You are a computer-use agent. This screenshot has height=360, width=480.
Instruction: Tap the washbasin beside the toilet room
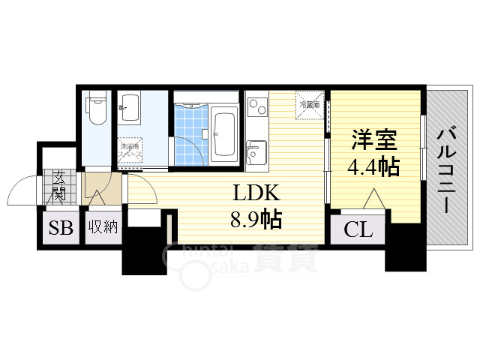coord(130,109)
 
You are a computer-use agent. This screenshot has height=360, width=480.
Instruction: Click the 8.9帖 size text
coord(256,219)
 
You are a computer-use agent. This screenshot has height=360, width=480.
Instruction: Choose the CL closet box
coord(358,229)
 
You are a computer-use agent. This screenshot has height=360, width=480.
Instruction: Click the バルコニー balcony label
coord(448,169)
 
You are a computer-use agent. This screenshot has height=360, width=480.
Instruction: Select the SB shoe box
coord(60,227)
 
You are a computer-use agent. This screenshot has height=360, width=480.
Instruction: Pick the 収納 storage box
coord(103,227)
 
